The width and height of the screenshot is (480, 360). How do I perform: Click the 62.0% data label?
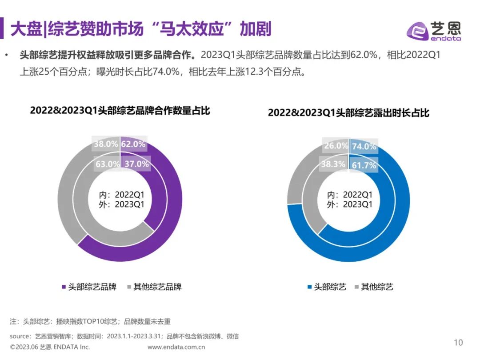[x=133, y=144]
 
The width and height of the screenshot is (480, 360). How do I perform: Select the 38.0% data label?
[x=106, y=144]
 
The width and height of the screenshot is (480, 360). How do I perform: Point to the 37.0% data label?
[x=136, y=164]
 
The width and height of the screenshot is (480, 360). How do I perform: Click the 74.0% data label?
[x=364, y=146]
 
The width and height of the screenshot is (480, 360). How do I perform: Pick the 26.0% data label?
[x=336, y=146]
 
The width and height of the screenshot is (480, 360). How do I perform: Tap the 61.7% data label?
[x=364, y=165]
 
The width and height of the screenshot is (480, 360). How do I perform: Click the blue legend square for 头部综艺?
[x=309, y=287]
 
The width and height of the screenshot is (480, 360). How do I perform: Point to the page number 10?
[x=458, y=342]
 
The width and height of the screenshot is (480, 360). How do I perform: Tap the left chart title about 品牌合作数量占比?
[x=120, y=111]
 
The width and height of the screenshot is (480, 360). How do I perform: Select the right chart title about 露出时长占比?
[x=348, y=113]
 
